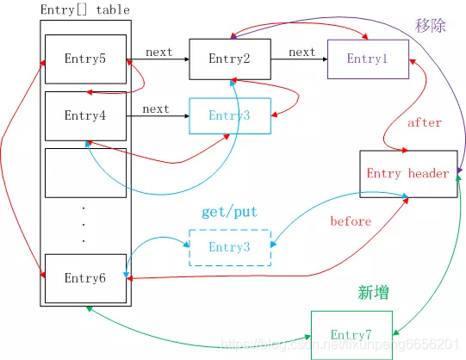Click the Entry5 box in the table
(84, 59)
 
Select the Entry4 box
(84, 115)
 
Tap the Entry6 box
(84, 278)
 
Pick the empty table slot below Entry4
(84, 173)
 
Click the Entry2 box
(229, 59)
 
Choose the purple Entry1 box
(367, 59)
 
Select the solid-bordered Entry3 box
(229, 115)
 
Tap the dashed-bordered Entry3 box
(229, 248)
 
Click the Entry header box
(407, 174)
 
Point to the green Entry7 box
(351, 334)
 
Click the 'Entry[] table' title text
(85, 10)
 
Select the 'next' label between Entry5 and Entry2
(158, 52)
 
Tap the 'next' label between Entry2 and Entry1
(301, 52)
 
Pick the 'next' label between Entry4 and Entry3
(155, 109)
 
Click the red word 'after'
(424, 123)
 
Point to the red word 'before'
(351, 221)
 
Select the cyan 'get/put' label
(229, 212)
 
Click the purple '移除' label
(431, 26)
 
